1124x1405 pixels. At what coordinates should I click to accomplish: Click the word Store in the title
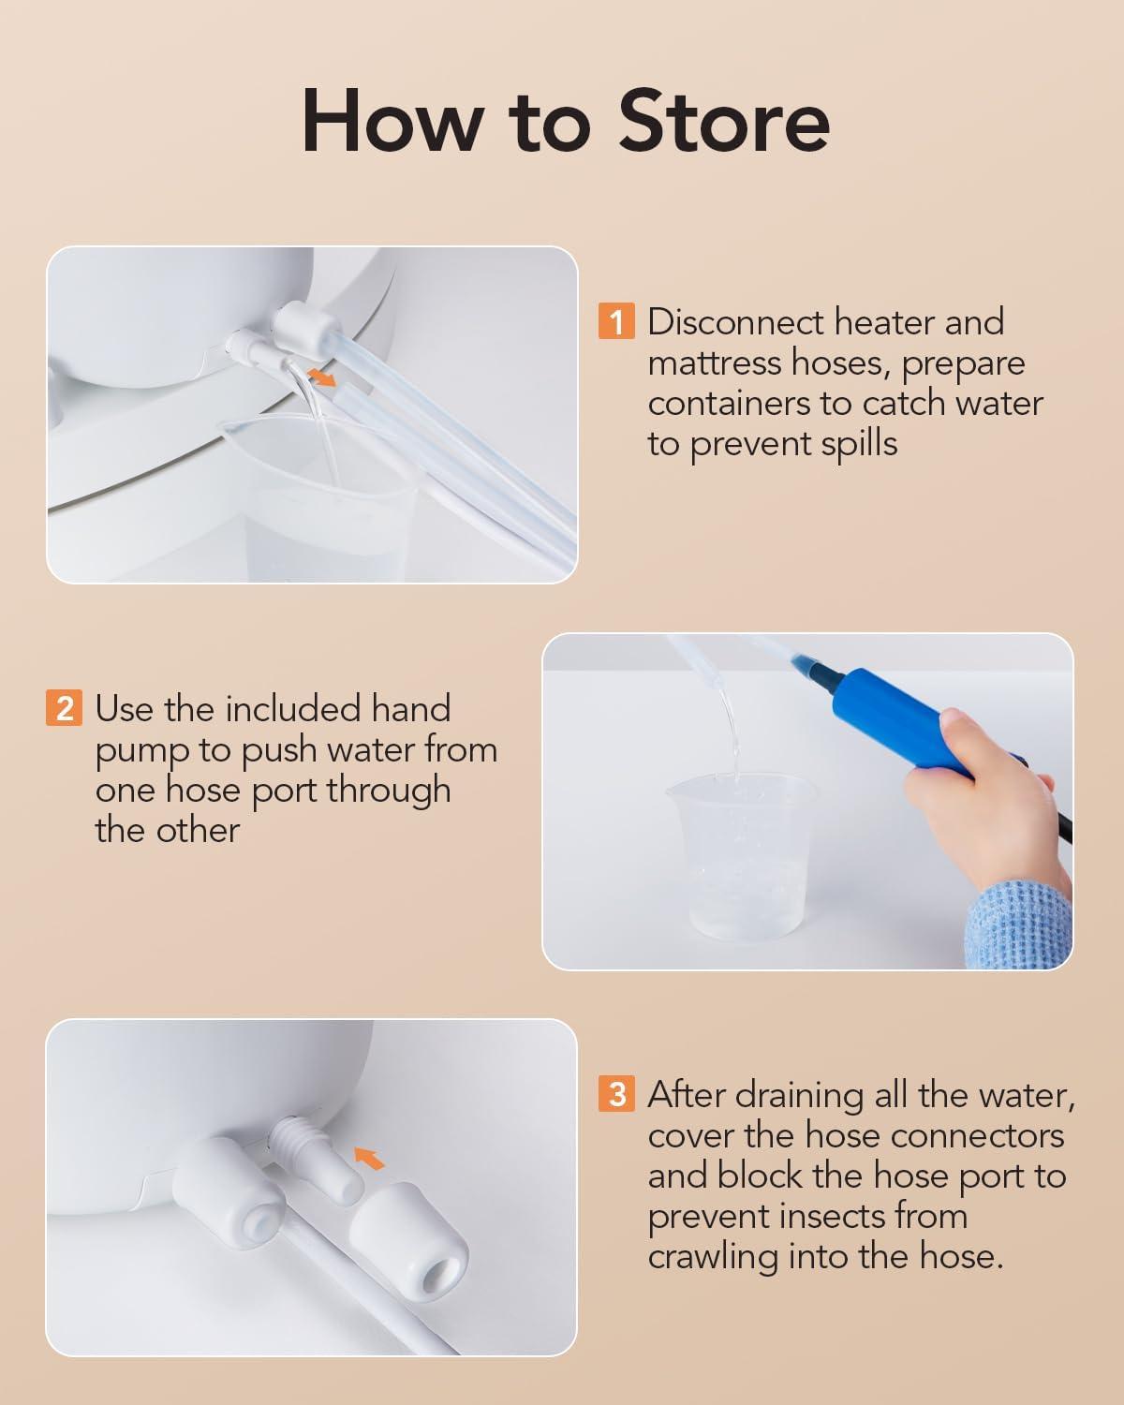(724, 122)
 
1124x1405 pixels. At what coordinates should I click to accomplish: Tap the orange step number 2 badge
(64, 708)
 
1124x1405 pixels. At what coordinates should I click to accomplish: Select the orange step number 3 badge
(616, 1094)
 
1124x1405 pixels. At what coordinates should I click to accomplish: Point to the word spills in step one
(859, 444)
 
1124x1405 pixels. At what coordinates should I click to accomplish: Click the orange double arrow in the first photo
(321, 377)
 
